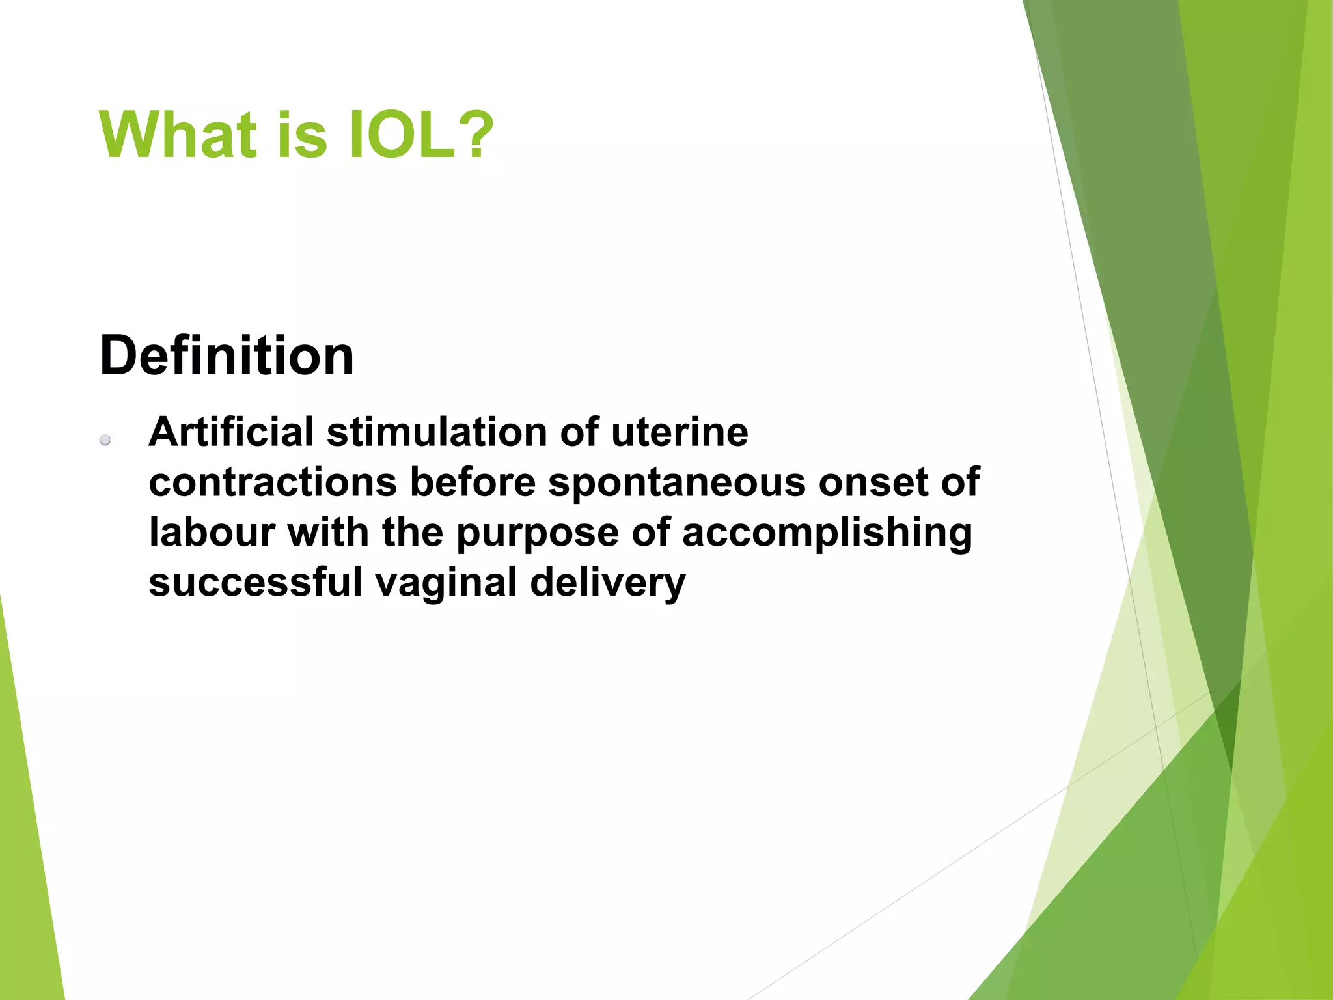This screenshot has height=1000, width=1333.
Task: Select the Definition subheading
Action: [227, 355]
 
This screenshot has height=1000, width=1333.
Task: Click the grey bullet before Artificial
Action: [105, 441]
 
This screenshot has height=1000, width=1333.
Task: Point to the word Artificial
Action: [231, 432]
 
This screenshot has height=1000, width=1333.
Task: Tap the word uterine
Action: [680, 432]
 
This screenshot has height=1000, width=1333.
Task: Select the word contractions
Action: [273, 482]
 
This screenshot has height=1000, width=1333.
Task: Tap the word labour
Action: [213, 533]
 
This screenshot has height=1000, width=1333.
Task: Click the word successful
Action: [255, 582]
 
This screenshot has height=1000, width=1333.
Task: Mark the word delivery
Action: [607, 583]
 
